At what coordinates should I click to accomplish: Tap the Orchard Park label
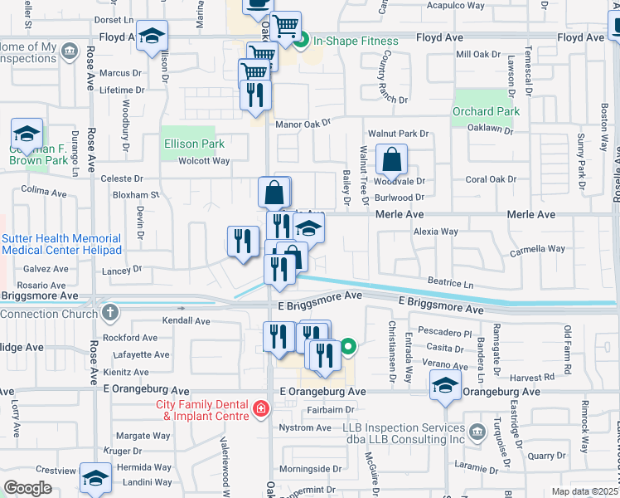click(x=486, y=111)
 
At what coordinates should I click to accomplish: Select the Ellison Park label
click(x=194, y=144)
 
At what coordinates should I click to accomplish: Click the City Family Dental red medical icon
click(x=260, y=408)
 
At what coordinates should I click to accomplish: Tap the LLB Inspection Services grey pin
click(x=477, y=432)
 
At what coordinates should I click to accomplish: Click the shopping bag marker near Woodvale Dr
click(x=391, y=159)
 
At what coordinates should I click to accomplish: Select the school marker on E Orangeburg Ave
click(x=446, y=385)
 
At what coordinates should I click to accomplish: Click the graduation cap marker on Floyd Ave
click(x=152, y=36)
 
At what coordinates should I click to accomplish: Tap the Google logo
click(x=27, y=487)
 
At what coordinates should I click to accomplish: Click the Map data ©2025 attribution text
click(x=584, y=491)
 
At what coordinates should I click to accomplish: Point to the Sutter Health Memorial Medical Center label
click(x=61, y=244)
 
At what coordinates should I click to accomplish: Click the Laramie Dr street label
click(x=480, y=467)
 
